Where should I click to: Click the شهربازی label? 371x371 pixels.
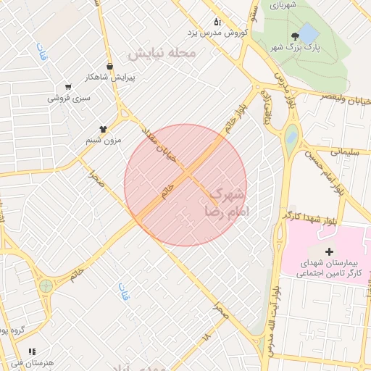(285, 4)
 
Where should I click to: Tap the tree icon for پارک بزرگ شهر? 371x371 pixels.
(295, 36)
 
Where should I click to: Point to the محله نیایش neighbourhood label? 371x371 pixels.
(162, 54)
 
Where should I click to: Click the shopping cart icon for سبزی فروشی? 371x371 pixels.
(67, 86)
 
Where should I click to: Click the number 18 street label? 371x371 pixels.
(207, 337)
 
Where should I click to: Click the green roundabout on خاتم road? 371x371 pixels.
(46, 285)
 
